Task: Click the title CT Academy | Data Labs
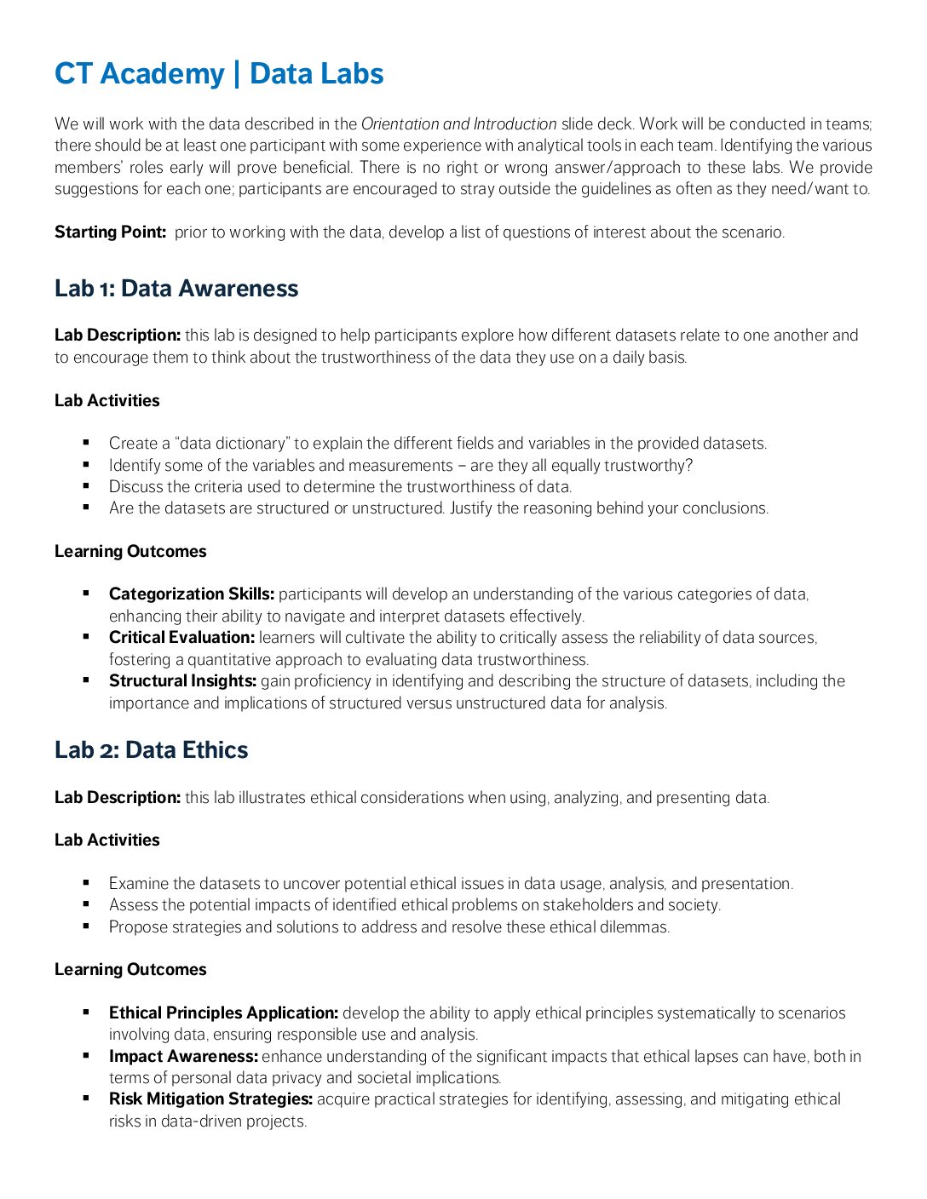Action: tap(219, 74)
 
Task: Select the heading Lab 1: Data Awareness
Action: tap(176, 289)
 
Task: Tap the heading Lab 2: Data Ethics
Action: tap(152, 750)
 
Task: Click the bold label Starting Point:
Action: tap(110, 232)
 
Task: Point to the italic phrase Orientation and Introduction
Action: tap(459, 124)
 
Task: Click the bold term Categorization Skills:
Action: tap(192, 594)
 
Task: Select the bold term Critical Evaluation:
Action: tap(181, 638)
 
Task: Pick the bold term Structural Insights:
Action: tap(182, 681)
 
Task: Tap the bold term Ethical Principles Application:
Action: tap(223, 1013)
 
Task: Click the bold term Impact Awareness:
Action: tap(183, 1057)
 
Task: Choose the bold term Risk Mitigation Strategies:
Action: tap(210, 1099)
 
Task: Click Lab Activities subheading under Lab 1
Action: tap(107, 401)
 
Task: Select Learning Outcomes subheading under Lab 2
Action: tap(130, 970)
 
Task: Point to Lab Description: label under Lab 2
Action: tap(118, 798)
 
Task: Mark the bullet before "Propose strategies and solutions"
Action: tap(86, 926)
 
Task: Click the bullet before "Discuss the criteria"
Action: tap(86, 486)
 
